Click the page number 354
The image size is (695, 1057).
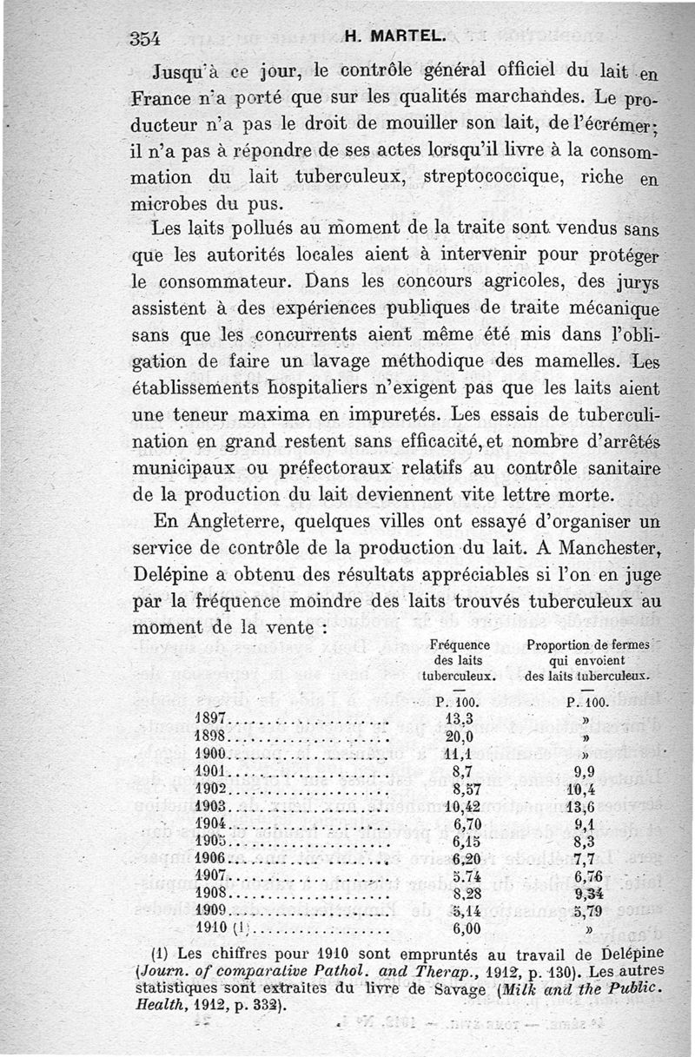[146, 37]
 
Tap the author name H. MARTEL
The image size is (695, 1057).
[395, 37]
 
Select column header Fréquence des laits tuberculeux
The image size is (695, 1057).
[460, 661]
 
